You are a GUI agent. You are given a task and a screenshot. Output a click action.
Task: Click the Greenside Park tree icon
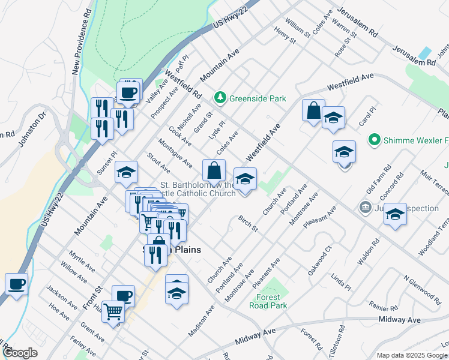[220, 97]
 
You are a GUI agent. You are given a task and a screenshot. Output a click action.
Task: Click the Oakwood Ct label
[319, 259]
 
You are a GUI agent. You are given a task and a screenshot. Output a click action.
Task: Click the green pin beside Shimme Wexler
[375, 140]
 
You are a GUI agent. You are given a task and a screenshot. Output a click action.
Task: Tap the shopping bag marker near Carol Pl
[313, 111]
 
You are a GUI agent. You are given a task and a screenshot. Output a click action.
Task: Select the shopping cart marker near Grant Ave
[113, 312]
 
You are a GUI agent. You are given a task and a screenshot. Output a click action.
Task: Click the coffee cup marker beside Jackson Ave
[16, 284]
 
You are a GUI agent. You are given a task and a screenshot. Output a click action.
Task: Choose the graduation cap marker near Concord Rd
[395, 214]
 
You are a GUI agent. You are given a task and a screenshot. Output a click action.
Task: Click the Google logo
[20, 352]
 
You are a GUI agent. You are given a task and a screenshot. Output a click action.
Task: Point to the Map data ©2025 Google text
[412, 355]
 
